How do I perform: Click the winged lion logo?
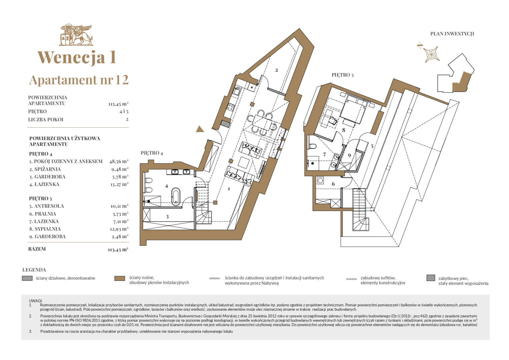coord(76,35)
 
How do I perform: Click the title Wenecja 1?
coord(77,57)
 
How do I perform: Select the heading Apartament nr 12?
coord(79,80)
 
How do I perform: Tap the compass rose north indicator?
coord(429,53)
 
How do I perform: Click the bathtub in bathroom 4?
coord(176,196)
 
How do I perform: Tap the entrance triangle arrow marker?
coord(200,129)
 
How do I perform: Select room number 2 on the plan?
coord(277,70)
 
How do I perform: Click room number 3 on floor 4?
coord(167,216)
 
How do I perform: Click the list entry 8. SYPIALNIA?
coord(45,229)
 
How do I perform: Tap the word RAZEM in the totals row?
coord(37,249)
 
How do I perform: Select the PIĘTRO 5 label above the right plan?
coord(343,75)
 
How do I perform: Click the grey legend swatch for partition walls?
coord(27,278)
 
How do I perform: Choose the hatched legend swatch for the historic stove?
coord(431,278)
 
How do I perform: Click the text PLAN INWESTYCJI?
coord(452,34)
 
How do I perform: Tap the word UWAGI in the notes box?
coord(35,301)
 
